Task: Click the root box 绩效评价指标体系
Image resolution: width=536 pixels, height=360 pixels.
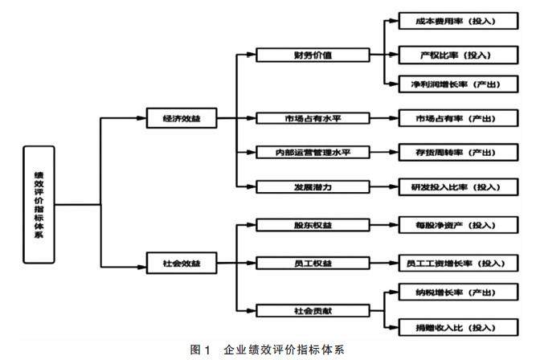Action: (x=39, y=204)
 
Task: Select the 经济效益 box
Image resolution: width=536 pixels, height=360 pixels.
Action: (x=181, y=118)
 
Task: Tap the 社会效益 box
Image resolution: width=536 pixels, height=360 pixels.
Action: (x=181, y=261)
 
